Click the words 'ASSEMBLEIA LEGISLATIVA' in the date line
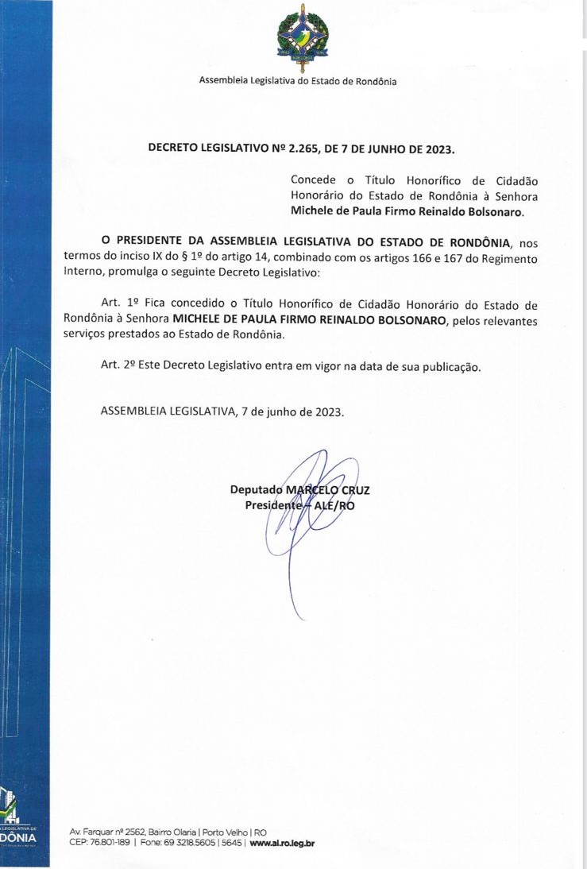pyautogui.click(x=168, y=412)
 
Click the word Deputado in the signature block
pyautogui.click(x=256, y=490)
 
